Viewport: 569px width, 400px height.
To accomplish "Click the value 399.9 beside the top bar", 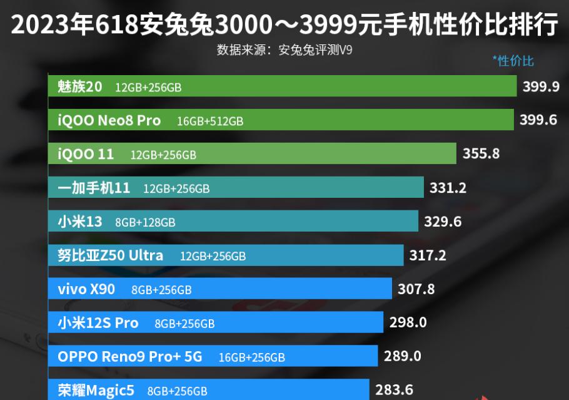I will pyautogui.click(x=541, y=86).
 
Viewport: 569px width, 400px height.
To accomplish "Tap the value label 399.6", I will pyautogui.click(x=538, y=120).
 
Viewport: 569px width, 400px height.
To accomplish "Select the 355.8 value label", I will pyautogui.click(x=481, y=153).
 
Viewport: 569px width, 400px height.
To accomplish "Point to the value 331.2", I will pyautogui.click(x=448, y=187).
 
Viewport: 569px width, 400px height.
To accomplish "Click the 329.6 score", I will pyautogui.click(x=442, y=221).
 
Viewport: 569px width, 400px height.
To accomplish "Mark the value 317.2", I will pyautogui.click(x=428, y=255).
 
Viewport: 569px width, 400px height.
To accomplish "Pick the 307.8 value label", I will pyautogui.click(x=416, y=289).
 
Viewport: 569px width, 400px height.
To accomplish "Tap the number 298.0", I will pyautogui.click(x=408, y=322).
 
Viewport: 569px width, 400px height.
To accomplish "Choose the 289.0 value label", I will pyautogui.click(x=402, y=356).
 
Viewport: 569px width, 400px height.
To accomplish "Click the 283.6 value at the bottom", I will pyautogui.click(x=394, y=390).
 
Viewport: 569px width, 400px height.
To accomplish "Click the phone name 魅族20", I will pyautogui.click(x=79, y=86).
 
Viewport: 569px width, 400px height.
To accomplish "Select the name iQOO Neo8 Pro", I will pyautogui.click(x=109, y=120).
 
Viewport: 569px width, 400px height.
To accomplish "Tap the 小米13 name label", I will pyautogui.click(x=79, y=222).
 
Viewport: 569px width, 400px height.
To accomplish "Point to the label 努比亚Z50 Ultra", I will pyautogui.click(x=110, y=255).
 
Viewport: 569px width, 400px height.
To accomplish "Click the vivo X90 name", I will pyautogui.click(x=86, y=289).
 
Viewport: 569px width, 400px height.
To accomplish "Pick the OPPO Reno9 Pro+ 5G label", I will pyautogui.click(x=129, y=357).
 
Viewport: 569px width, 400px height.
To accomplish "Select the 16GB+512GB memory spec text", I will pyautogui.click(x=210, y=121).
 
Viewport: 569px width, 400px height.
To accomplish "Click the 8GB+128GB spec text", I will pyautogui.click(x=145, y=222).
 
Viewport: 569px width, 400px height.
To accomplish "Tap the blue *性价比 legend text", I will pyautogui.click(x=513, y=60).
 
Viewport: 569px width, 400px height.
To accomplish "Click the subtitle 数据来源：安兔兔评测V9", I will pyautogui.click(x=284, y=49).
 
